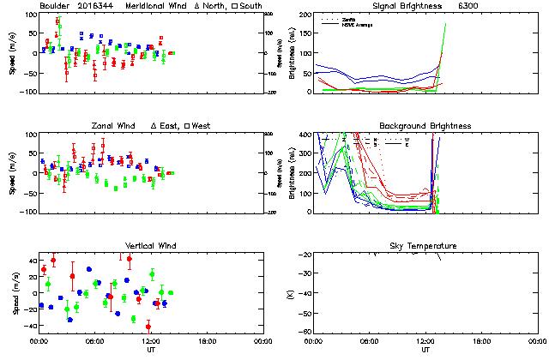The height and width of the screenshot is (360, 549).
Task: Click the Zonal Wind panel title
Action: pos(112,126)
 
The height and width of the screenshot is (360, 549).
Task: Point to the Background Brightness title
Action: pos(425,126)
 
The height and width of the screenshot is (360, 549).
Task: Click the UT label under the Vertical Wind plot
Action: pos(149,350)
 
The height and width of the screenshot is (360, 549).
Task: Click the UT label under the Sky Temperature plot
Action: pos(425,350)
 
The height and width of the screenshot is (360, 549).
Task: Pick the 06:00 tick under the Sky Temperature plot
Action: pos(370,340)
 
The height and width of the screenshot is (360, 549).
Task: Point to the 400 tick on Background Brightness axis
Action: pos(305,135)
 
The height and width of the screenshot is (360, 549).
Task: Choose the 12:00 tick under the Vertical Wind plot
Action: pos(149,340)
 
